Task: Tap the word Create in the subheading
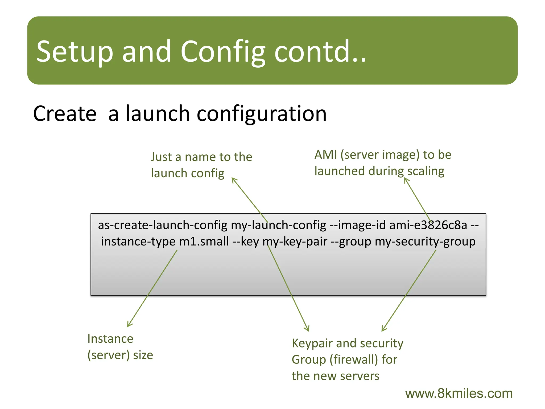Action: point(65,114)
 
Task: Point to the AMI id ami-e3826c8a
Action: point(428,225)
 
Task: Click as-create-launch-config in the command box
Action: point(162,225)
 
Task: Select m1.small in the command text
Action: point(204,242)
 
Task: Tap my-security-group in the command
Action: point(425,242)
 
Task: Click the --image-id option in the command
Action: point(357,225)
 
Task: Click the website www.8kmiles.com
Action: point(459,394)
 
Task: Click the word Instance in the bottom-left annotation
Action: point(110,339)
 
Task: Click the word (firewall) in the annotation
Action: point(354,360)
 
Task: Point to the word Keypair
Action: point(312,343)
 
